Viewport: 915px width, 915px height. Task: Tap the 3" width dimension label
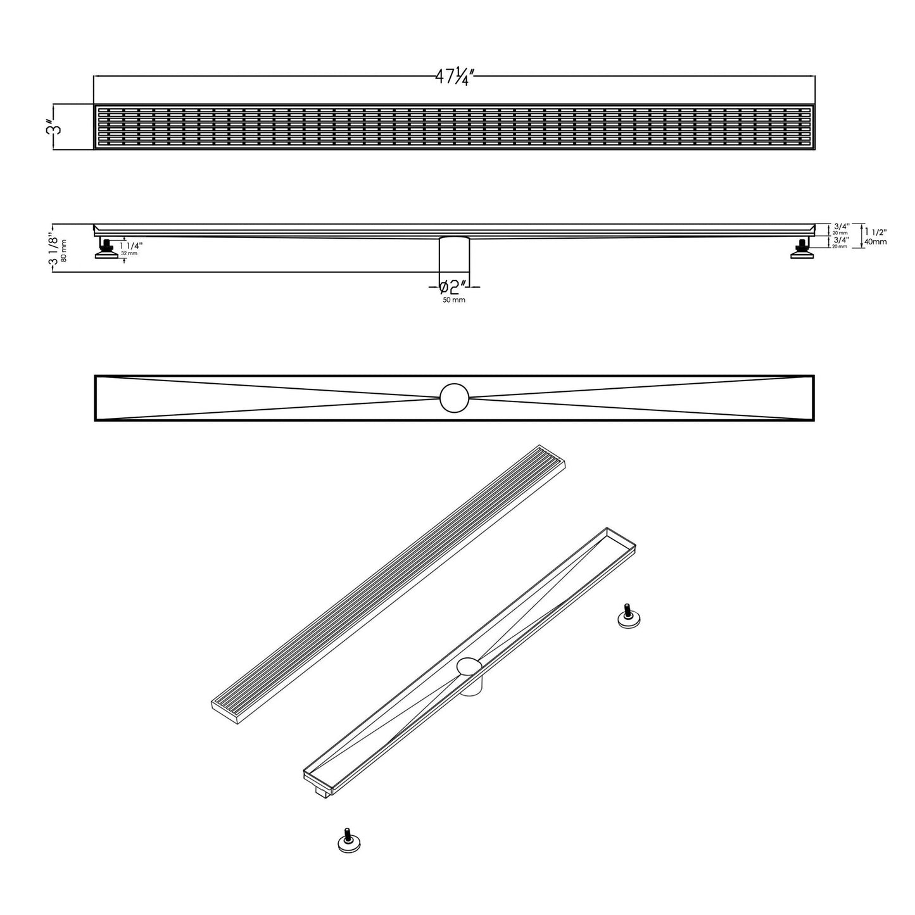pyautogui.click(x=58, y=127)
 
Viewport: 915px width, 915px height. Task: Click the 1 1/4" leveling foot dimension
pyautogui.click(x=131, y=245)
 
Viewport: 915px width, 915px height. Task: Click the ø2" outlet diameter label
pyautogui.click(x=454, y=287)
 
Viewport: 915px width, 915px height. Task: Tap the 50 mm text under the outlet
pyautogui.click(x=454, y=300)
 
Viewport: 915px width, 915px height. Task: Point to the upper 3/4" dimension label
pyautogui.click(x=842, y=226)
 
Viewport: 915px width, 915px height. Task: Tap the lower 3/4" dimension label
pyautogui.click(x=842, y=240)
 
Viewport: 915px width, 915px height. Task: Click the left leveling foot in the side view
pyautogui.click(x=106, y=248)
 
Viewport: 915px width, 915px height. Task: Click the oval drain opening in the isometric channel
pyautogui.click(x=469, y=666)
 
